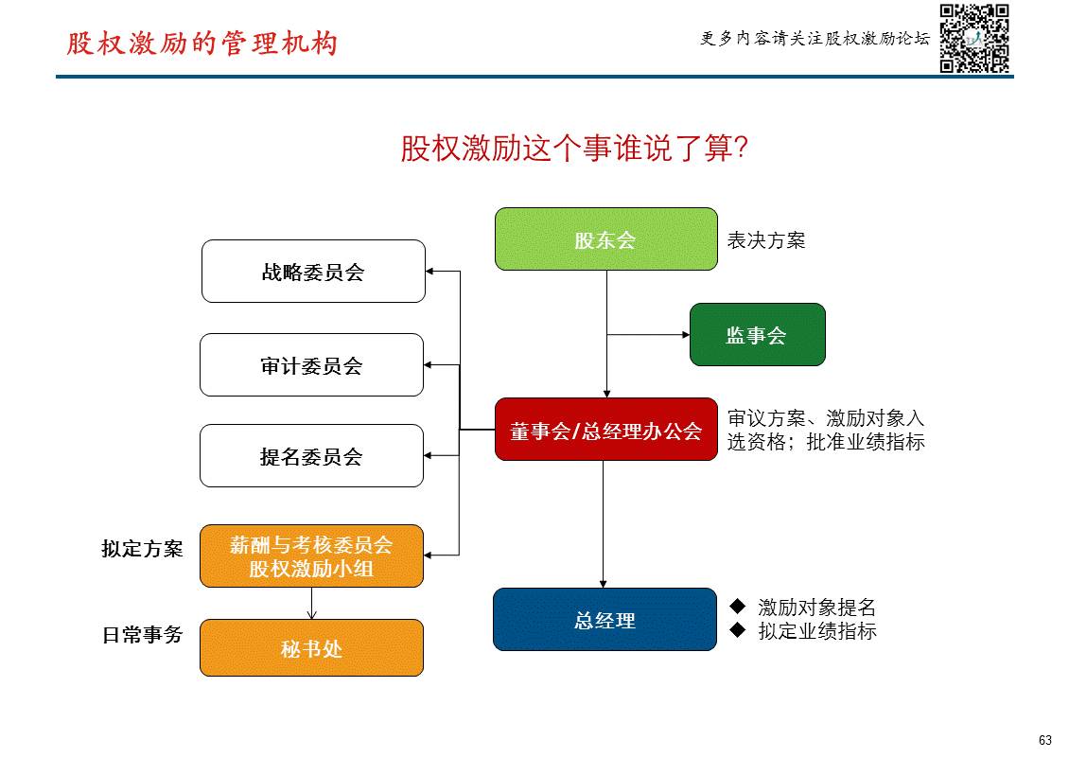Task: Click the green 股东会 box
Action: coord(605,239)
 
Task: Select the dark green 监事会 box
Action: coord(757,335)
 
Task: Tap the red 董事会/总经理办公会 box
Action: coord(605,431)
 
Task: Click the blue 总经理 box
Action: coord(605,620)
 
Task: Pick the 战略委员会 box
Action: coord(313,272)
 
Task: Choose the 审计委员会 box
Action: coord(311,365)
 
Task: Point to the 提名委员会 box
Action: coord(311,456)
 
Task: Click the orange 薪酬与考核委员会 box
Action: coord(311,556)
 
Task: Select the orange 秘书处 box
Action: coord(311,648)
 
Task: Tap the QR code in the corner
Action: coord(974,38)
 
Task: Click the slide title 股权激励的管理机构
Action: coord(202,44)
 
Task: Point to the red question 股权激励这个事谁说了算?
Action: coord(574,149)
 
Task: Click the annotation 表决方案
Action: coord(765,240)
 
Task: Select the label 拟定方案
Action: coord(142,549)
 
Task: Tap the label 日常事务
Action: coord(142,635)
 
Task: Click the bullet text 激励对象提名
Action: coord(816,608)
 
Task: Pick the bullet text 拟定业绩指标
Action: coord(816,631)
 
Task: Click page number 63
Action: coord(1044,740)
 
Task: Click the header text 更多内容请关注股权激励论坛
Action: coord(815,39)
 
